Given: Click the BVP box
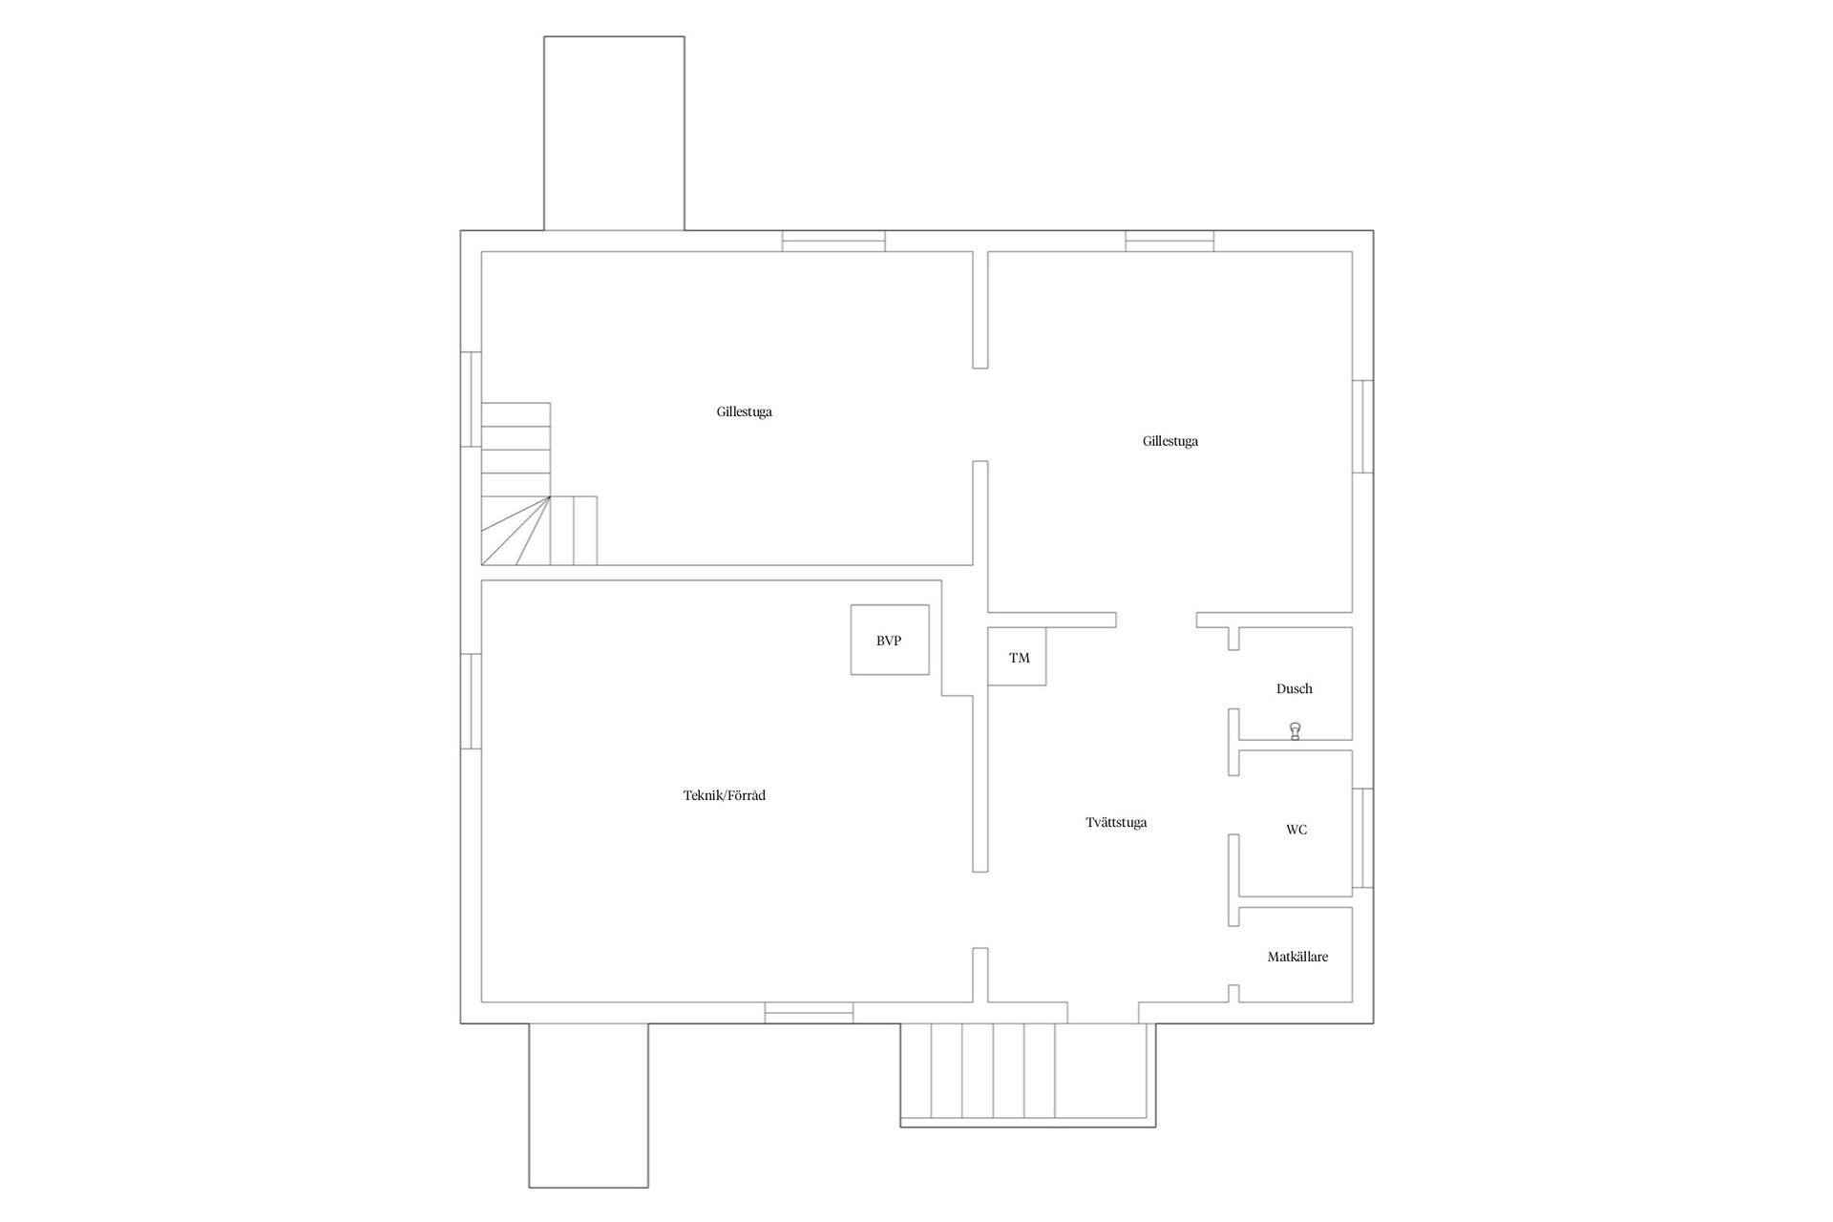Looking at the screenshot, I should point(889,640).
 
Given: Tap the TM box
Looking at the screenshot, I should point(1018,657).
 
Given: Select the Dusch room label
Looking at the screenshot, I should point(1294,688).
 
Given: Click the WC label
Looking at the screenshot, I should point(1296,830).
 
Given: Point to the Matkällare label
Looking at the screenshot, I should point(1297,957).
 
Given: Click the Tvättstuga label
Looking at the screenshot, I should point(1116,822).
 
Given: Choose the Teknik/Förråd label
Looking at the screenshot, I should point(724,795).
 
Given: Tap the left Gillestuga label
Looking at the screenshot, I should point(744,412).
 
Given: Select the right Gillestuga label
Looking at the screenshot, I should point(1169,441).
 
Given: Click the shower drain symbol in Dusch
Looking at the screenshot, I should point(1295,732).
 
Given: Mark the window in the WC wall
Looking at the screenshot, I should point(1363,837).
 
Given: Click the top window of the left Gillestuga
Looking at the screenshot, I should point(833,242).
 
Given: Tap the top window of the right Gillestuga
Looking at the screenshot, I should point(1169,242).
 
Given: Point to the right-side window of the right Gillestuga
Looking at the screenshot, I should point(1363,426).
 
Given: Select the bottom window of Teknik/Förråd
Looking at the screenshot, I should point(809,1013).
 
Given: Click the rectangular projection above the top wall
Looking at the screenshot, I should point(614,134).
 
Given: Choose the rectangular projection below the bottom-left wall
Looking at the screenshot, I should point(588,1105).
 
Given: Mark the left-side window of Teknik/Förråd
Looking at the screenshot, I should point(471,701).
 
